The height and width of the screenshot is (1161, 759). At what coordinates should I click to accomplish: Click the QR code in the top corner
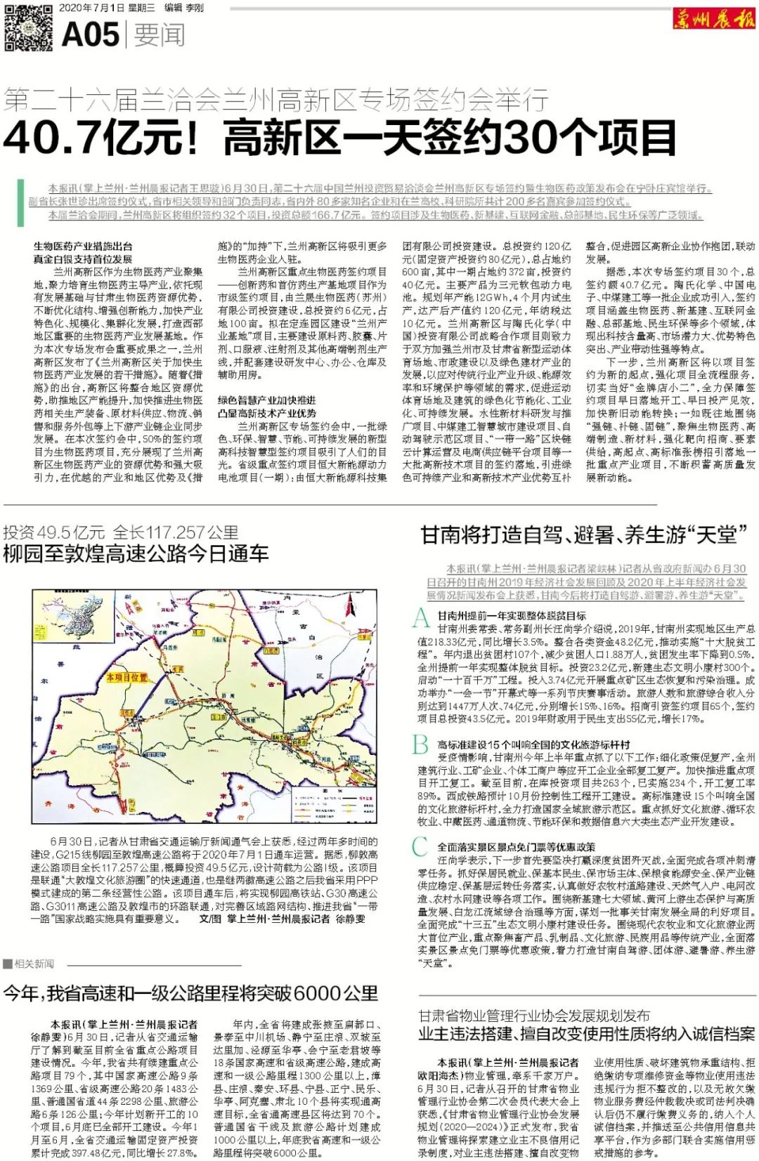tap(29, 27)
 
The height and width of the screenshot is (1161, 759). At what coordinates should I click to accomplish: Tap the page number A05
tap(90, 34)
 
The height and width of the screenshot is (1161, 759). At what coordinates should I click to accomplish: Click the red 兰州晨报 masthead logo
tap(713, 20)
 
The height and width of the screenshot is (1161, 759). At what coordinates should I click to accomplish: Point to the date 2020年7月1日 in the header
tap(91, 8)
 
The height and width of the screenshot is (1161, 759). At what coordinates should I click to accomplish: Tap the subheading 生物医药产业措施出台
tap(83, 247)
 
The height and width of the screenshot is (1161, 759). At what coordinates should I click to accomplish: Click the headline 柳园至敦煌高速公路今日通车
tap(136, 553)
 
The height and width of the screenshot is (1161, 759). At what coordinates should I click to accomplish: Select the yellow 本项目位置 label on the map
tap(127, 678)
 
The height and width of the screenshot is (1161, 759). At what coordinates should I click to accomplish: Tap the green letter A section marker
tap(421, 617)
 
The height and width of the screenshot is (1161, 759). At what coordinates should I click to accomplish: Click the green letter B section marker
tap(420, 744)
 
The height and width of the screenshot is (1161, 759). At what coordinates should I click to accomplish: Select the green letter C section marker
tap(420, 847)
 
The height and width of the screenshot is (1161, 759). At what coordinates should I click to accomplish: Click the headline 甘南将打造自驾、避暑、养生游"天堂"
tap(584, 535)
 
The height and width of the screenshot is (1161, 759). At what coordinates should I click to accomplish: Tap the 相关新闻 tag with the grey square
tap(29, 964)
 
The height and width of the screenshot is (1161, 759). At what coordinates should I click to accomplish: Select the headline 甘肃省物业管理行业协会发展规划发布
tap(534, 1016)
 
